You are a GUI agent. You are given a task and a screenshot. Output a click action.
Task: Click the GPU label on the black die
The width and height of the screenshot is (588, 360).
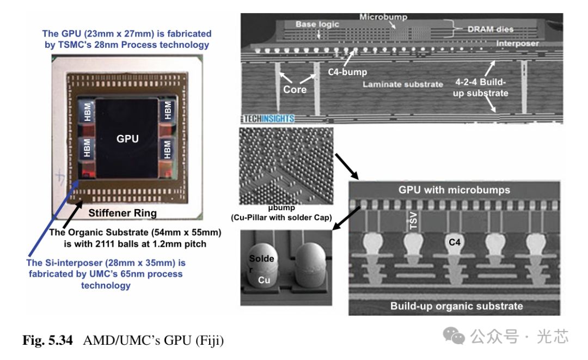click(x=127, y=138)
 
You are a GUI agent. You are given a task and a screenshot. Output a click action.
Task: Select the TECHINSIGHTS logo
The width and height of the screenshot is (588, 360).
click(x=269, y=118)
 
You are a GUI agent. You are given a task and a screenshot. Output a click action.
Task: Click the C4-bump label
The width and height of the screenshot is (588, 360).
click(x=347, y=71)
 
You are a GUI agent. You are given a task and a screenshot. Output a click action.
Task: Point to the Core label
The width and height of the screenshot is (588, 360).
click(x=295, y=89)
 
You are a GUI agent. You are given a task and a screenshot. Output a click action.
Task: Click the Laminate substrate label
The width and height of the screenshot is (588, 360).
click(x=403, y=84)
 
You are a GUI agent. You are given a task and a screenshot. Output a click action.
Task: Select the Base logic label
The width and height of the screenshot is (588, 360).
click(x=317, y=25)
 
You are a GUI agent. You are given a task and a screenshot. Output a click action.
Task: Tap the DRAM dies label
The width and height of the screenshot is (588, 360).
click(x=490, y=29)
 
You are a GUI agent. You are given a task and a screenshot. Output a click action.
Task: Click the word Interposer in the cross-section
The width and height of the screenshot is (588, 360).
click(x=518, y=44)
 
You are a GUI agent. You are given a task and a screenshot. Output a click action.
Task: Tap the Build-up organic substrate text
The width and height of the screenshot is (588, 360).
click(x=456, y=306)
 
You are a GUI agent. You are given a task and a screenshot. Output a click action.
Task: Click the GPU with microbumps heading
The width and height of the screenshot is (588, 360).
click(x=454, y=190)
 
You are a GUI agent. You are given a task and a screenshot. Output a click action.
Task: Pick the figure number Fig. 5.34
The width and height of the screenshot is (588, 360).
click(x=50, y=341)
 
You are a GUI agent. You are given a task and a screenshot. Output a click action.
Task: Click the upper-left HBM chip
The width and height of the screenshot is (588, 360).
click(x=87, y=113)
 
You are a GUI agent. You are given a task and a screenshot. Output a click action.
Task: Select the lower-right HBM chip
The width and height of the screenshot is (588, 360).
click(x=167, y=148)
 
